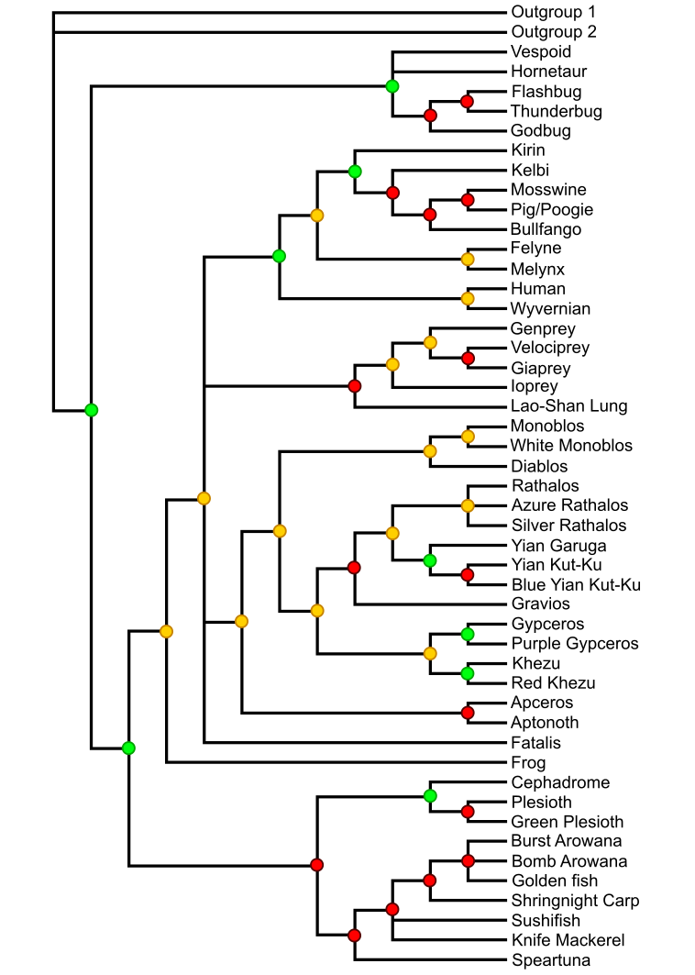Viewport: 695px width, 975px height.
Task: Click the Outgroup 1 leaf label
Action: click(553, 13)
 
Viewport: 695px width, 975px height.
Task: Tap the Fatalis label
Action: click(535, 743)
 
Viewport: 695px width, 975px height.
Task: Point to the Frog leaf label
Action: click(528, 763)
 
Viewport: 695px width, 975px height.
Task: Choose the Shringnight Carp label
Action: click(575, 901)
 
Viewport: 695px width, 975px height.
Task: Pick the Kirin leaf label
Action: click(528, 150)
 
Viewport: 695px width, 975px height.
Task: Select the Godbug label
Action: click(540, 131)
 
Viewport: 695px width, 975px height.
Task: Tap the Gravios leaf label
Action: click(540, 604)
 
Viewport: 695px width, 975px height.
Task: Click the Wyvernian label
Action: click(550, 308)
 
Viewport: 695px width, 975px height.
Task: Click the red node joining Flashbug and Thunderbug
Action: click(468, 101)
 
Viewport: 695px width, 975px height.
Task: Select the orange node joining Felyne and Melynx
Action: click(468, 259)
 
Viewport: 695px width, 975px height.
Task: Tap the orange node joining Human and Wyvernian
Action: click(468, 298)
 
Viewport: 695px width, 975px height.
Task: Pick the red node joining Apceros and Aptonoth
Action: click(468, 713)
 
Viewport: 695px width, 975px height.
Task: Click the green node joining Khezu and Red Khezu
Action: click(468, 673)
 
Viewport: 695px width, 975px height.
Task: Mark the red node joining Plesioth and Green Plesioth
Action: click(468, 812)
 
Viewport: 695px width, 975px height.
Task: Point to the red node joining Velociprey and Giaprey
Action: click(468, 358)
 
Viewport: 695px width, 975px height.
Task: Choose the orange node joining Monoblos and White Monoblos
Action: click(468, 436)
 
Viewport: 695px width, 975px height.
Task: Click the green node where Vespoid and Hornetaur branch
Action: click(392, 86)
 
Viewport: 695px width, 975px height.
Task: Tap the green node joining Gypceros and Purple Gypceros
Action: click(468, 634)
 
